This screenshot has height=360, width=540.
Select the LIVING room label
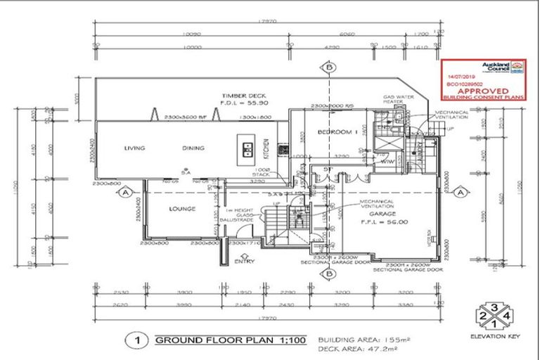[x=134, y=148]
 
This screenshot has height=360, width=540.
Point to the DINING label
[x=193, y=148]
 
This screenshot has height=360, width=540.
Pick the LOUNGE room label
[x=181, y=209]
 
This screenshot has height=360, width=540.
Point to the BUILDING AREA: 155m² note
[x=364, y=338]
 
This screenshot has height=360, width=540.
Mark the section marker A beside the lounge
[x=124, y=191]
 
